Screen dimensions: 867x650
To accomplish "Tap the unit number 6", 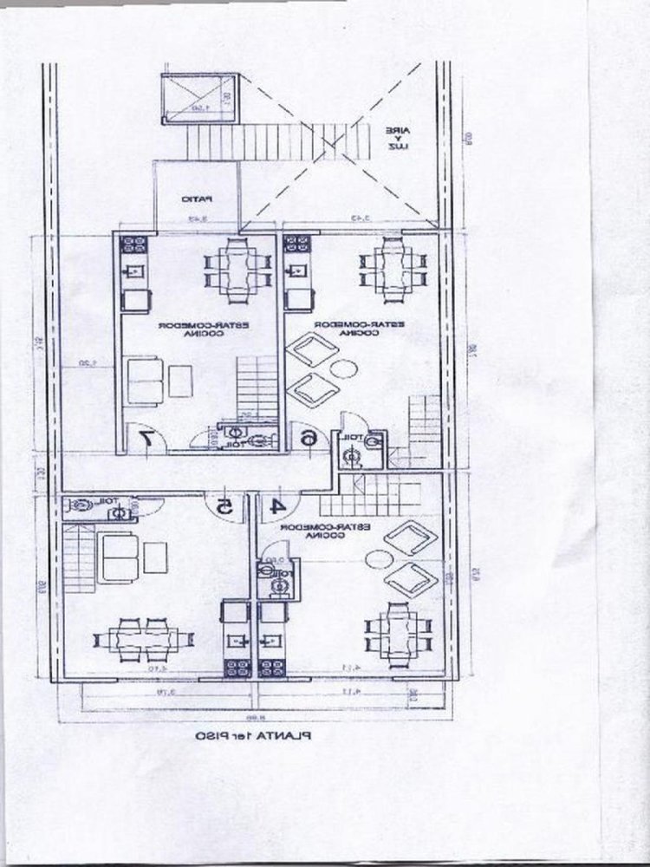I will click(x=308, y=439).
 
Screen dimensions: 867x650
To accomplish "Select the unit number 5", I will click(x=224, y=504).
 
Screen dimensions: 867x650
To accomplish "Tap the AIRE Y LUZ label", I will click(x=398, y=139).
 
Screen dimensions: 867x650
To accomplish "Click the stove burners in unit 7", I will click(x=133, y=244).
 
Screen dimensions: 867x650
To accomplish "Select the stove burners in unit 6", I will click(x=297, y=244).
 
